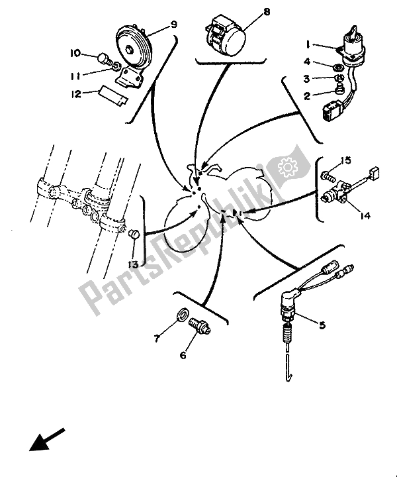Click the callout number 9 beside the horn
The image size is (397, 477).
click(x=173, y=25)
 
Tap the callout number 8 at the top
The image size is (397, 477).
click(x=266, y=12)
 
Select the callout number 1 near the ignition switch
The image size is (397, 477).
click(x=308, y=45)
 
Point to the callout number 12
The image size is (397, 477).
click(x=76, y=94)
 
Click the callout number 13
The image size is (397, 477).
click(x=133, y=265)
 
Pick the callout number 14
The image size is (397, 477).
click(x=365, y=216)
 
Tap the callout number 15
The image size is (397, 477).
click(x=345, y=160)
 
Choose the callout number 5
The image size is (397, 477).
click(x=322, y=325)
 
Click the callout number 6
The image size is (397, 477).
click(x=183, y=355)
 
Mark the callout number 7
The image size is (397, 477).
click(x=157, y=338)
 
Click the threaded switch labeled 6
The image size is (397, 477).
click(x=200, y=325)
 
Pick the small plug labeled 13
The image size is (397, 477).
click(x=134, y=235)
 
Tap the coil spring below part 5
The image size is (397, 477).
click(x=287, y=334)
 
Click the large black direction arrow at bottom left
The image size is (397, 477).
click(x=47, y=441)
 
